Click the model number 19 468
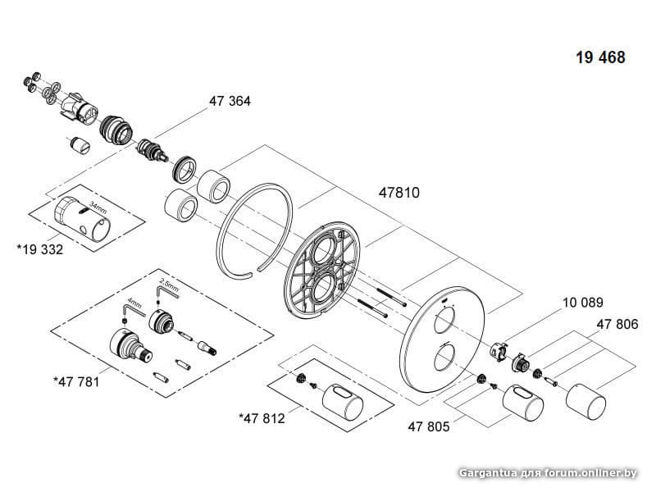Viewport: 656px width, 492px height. (600, 57)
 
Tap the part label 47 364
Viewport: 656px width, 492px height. (230, 101)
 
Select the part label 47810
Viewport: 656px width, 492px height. (399, 193)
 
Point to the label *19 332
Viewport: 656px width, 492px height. (39, 250)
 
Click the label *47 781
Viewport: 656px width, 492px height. (76, 381)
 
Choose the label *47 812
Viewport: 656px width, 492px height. (262, 418)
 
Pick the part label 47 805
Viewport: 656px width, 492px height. (429, 426)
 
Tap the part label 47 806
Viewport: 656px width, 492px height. (617, 324)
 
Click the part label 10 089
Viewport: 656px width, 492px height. (583, 303)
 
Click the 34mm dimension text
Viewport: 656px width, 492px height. (98, 207)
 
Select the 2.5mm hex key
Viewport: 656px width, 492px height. (166, 291)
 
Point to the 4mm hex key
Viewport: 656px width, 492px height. (133, 310)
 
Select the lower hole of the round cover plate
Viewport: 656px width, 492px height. (444, 357)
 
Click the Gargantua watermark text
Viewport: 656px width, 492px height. (548, 473)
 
